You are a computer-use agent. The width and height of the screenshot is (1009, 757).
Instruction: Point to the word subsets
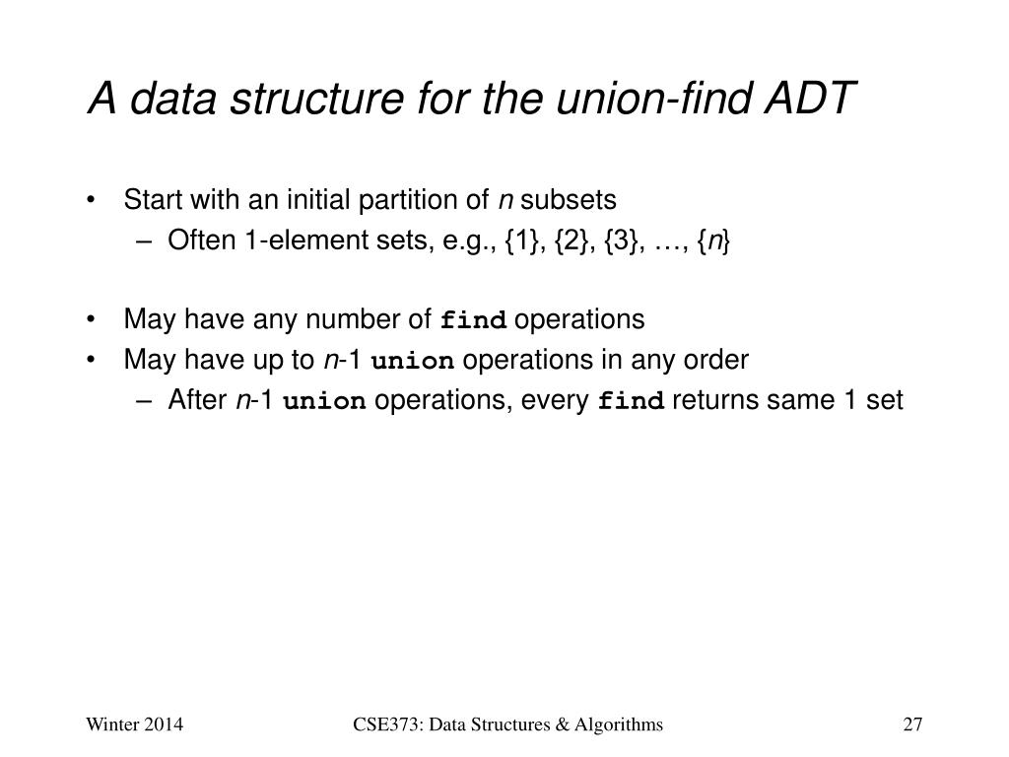(569, 200)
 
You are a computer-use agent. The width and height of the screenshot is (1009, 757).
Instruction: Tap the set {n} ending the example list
(717, 241)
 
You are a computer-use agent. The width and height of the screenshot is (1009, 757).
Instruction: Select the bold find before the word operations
(474, 321)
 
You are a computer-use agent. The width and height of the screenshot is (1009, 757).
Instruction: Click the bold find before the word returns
(633, 402)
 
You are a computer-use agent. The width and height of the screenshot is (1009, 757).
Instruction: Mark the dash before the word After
(146, 401)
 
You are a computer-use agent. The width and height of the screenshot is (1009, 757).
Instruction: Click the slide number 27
(911, 726)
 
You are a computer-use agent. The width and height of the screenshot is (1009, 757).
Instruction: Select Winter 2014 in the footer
(135, 726)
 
